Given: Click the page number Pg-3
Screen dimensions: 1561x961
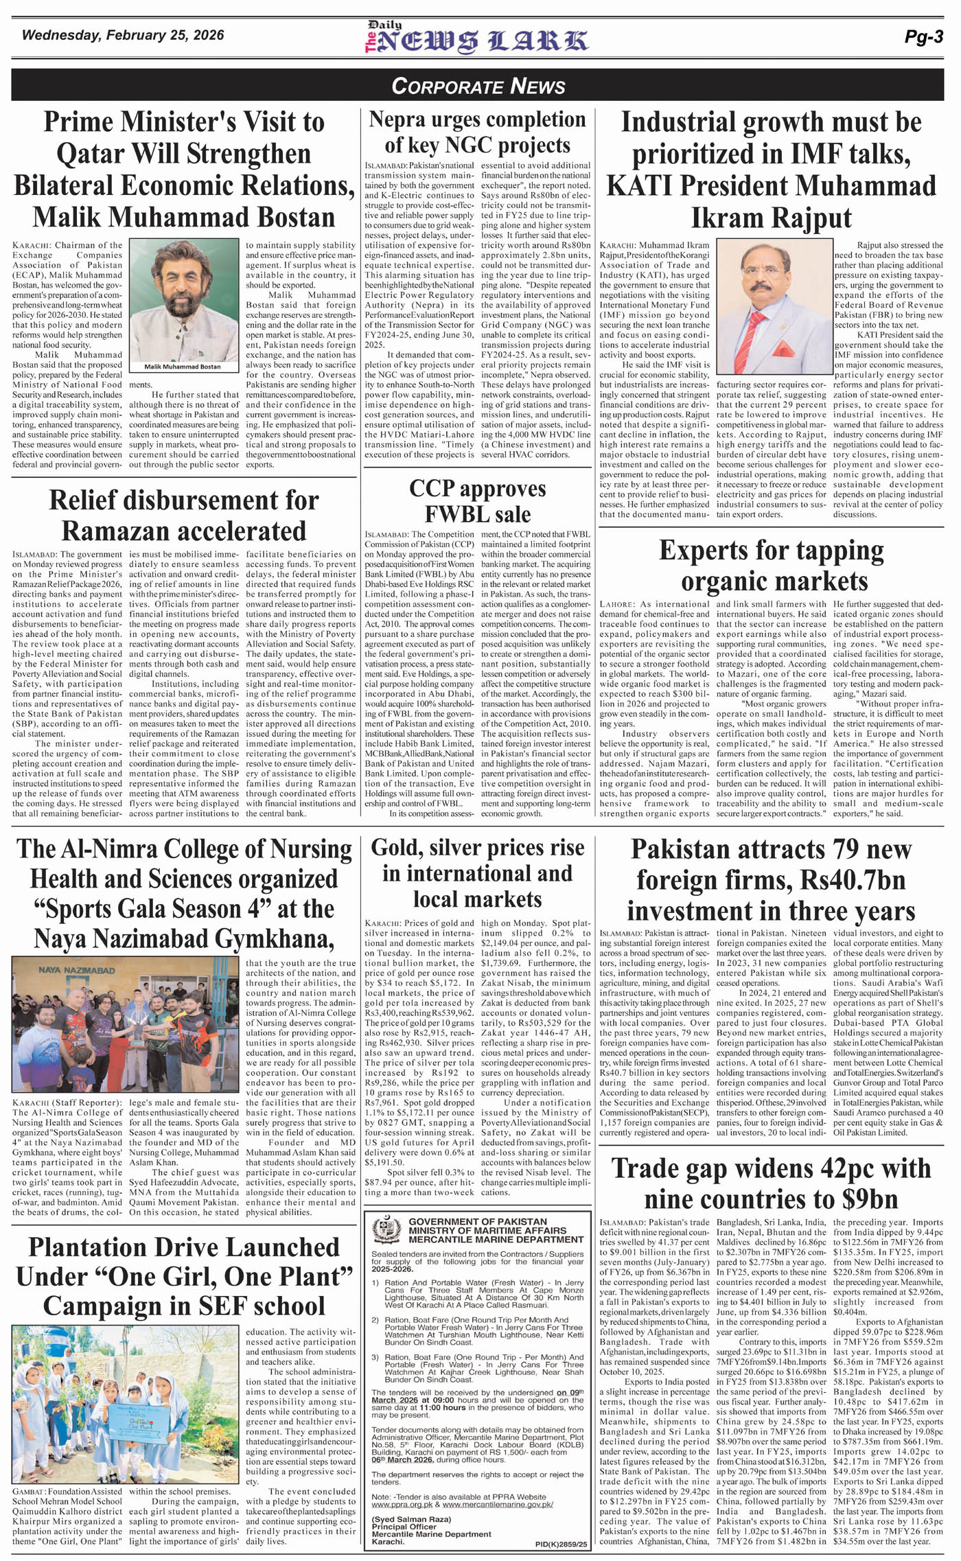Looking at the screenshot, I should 923,38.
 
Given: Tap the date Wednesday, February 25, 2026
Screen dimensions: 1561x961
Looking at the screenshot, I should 123,36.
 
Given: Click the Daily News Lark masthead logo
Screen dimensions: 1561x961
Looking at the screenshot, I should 476,38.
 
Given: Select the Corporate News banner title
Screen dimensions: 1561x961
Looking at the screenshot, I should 478,86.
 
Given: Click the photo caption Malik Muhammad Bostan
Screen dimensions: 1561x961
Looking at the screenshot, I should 183,367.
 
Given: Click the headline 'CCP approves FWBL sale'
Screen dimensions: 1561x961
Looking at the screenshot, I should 477,501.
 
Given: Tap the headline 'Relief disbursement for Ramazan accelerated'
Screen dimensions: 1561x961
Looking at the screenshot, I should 184,516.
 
